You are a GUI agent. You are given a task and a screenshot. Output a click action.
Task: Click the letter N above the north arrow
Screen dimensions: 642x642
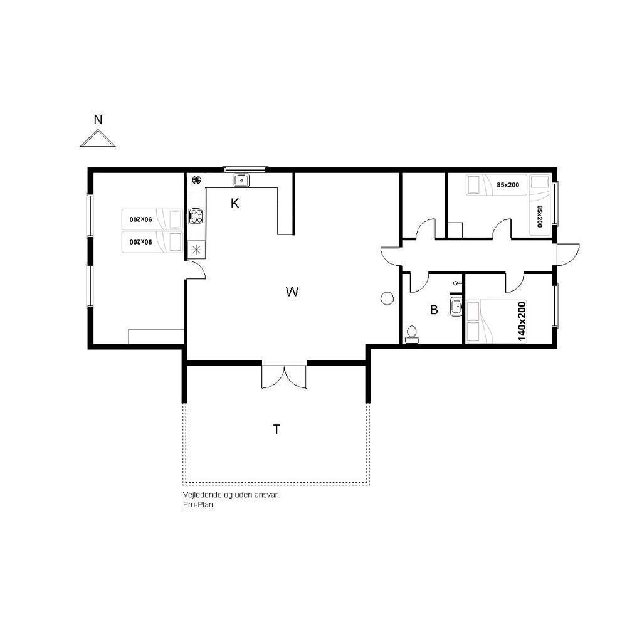pos(98,120)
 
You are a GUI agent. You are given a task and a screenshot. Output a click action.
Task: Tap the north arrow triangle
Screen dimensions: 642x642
pos(98,139)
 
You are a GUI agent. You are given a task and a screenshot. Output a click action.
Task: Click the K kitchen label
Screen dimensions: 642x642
pos(234,203)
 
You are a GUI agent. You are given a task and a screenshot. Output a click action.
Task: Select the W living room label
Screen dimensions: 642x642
pos(292,292)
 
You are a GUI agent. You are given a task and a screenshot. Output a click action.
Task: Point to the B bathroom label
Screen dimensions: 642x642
pos(434,310)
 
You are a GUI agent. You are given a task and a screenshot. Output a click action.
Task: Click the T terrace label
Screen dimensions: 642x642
pos(276,429)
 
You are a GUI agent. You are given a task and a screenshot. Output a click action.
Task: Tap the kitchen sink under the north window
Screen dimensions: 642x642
pos(241,180)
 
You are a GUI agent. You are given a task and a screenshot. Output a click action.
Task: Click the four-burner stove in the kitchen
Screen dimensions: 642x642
pos(196,216)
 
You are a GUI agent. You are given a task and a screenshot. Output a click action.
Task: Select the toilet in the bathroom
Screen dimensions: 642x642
pos(411,334)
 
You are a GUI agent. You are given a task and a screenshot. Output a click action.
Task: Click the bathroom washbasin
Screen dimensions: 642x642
pos(456,307)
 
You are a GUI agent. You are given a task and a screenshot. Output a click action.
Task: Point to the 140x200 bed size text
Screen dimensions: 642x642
pos(521,322)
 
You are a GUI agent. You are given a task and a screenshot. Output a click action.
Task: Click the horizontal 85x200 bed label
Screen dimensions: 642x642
pos(508,185)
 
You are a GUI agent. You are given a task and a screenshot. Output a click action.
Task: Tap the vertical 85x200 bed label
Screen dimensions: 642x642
pos(539,216)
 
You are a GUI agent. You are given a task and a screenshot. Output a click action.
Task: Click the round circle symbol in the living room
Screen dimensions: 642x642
pos(387,298)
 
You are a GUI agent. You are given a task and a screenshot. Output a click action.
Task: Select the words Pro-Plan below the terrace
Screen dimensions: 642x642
pos(197,505)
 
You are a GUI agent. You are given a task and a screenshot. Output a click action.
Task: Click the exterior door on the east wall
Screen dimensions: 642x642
pos(567,254)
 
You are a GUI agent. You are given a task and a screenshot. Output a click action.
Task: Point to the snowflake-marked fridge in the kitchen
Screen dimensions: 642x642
pos(196,250)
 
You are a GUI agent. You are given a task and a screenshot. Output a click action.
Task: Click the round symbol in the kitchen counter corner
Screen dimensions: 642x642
pos(196,179)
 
